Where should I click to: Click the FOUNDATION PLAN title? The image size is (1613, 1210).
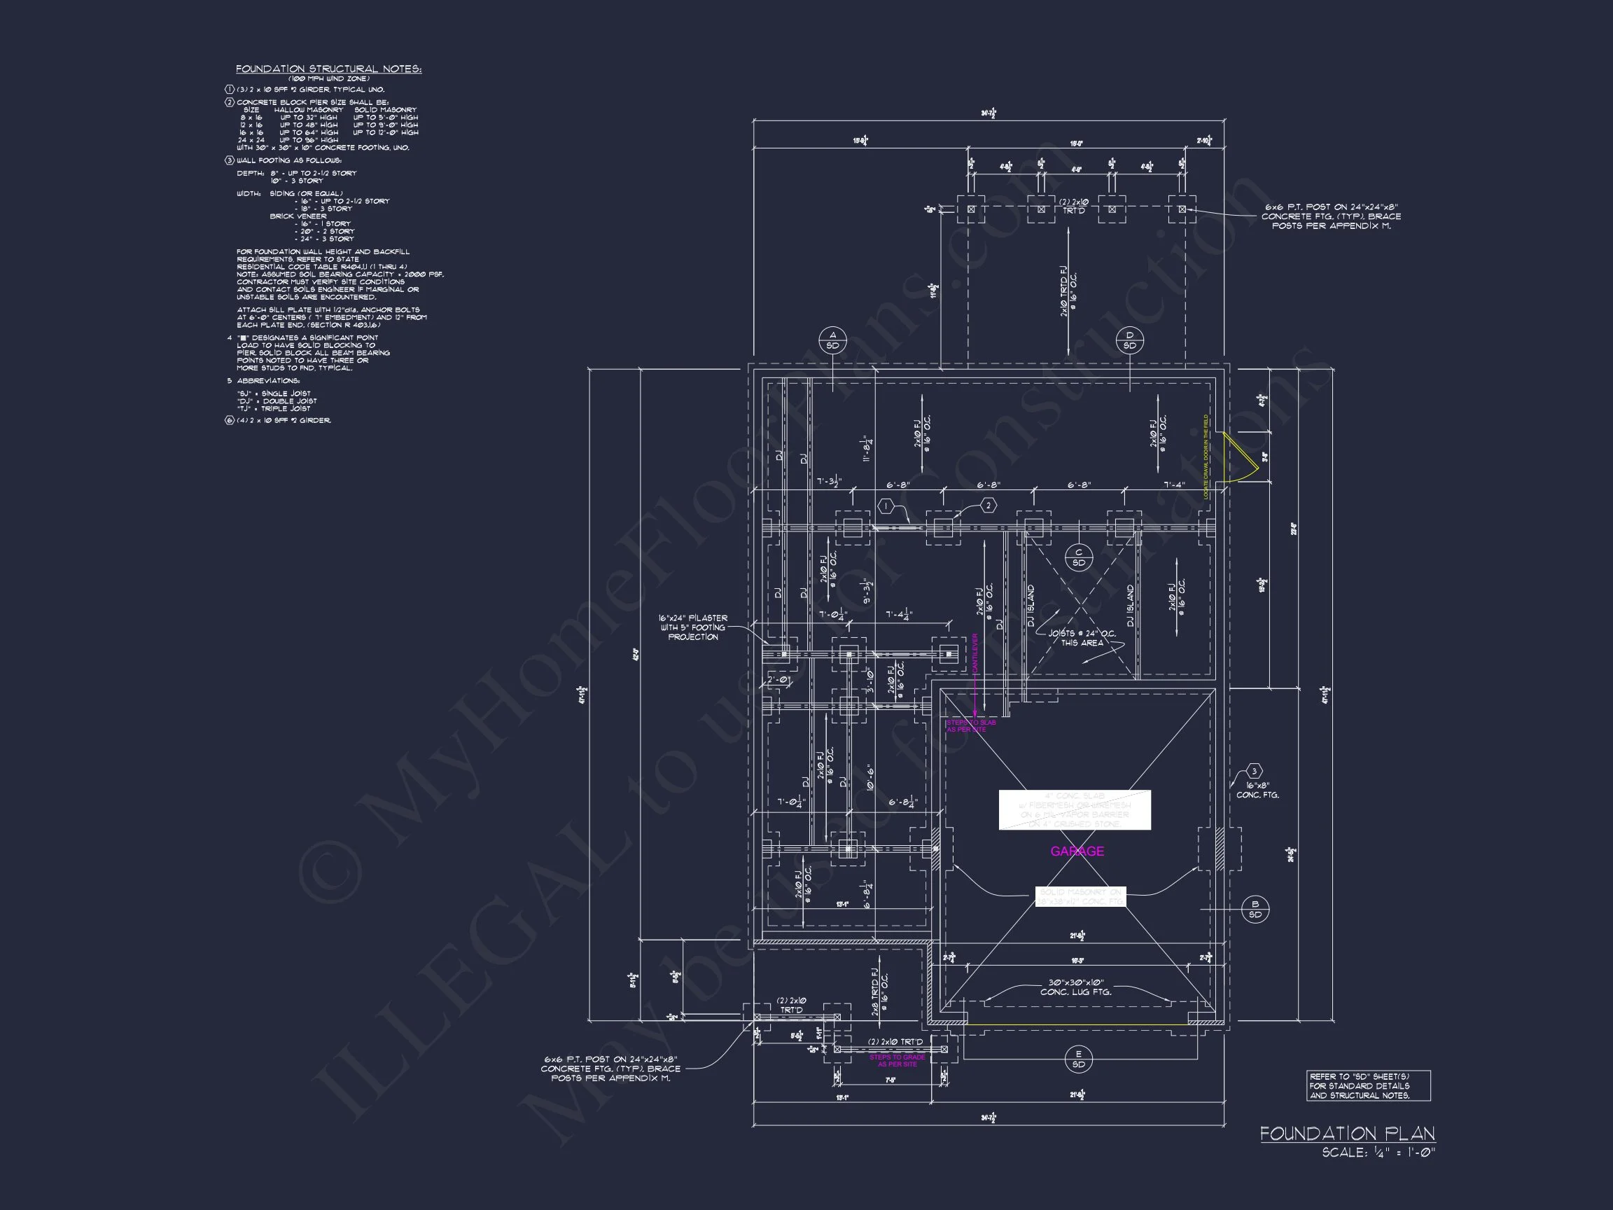tap(1347, 1134)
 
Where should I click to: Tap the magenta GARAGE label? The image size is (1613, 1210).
tap(1076, 851)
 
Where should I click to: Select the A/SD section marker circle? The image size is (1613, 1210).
tap(832, 340)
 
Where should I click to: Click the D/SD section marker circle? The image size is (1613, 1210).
tap(1129, 340)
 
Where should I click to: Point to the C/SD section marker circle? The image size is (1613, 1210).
tap(1079, 557)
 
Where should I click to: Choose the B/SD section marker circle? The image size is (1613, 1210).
tap(1255, 909)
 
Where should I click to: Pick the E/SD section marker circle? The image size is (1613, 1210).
tap(1079, 1058)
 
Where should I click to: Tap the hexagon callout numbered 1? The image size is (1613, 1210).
tap(886, 506)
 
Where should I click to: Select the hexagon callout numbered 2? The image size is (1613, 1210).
tap(988, 506)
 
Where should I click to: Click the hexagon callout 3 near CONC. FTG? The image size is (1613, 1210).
tap(1255, 772)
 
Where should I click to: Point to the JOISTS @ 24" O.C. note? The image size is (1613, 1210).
tap(1082, 638)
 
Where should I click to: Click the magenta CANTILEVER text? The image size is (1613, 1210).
tap(975, 653)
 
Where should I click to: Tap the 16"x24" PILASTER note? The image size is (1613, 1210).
tap(693, 627)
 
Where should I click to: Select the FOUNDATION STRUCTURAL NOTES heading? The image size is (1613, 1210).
tap(328, 69)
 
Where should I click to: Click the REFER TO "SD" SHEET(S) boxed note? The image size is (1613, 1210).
tap(1368, 1085)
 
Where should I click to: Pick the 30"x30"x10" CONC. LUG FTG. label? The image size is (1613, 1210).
tap(1075, 987)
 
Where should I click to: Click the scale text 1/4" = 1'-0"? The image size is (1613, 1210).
tap(1378, 1153)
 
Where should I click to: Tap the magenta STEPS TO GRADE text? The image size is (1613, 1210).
tap(897, 1060)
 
